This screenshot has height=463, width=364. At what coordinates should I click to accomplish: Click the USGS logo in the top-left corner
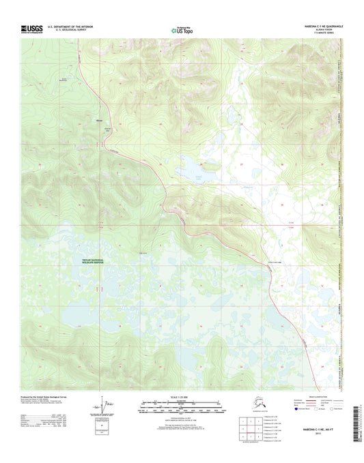33,29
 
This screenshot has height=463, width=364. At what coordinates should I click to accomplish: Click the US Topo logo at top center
182,30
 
